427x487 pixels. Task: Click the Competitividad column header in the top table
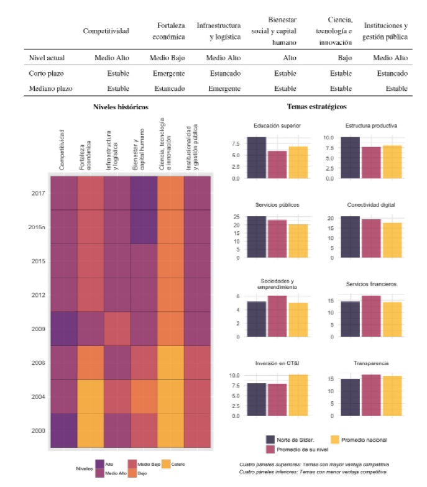[106, 30]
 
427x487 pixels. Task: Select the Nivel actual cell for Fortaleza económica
[168, 58]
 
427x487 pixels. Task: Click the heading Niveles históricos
[121, 107]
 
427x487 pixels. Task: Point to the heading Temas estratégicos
[316, 107]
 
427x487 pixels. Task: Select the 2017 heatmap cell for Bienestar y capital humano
[144, 193]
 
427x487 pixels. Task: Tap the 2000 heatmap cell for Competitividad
[64, 430]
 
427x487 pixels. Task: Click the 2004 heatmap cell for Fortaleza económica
[91, 396]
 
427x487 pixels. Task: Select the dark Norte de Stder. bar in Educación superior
[256, 157]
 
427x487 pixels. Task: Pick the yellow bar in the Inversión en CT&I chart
[298, 395]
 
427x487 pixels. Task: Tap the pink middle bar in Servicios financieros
[371, 316]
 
